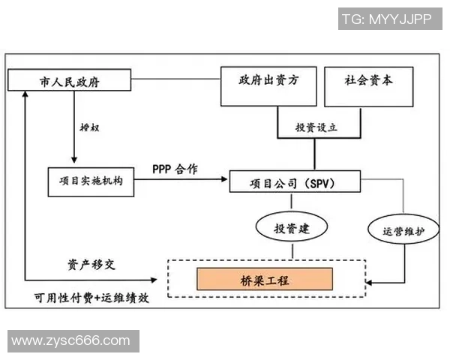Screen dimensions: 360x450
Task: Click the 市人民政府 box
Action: pyautogui.click(x=69, y=81)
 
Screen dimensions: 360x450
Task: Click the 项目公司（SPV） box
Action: pyautogui.click(x=295, y=182)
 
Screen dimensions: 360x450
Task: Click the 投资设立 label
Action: pyautogui.click(x=315, y=127)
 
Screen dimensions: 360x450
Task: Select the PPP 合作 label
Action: pyautogui.click(x=175, y=169)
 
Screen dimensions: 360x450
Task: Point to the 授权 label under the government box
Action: pyautogui.click(x=89, y=127)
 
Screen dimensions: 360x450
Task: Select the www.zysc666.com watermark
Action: pyautogui.click(x=71, y=341)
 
